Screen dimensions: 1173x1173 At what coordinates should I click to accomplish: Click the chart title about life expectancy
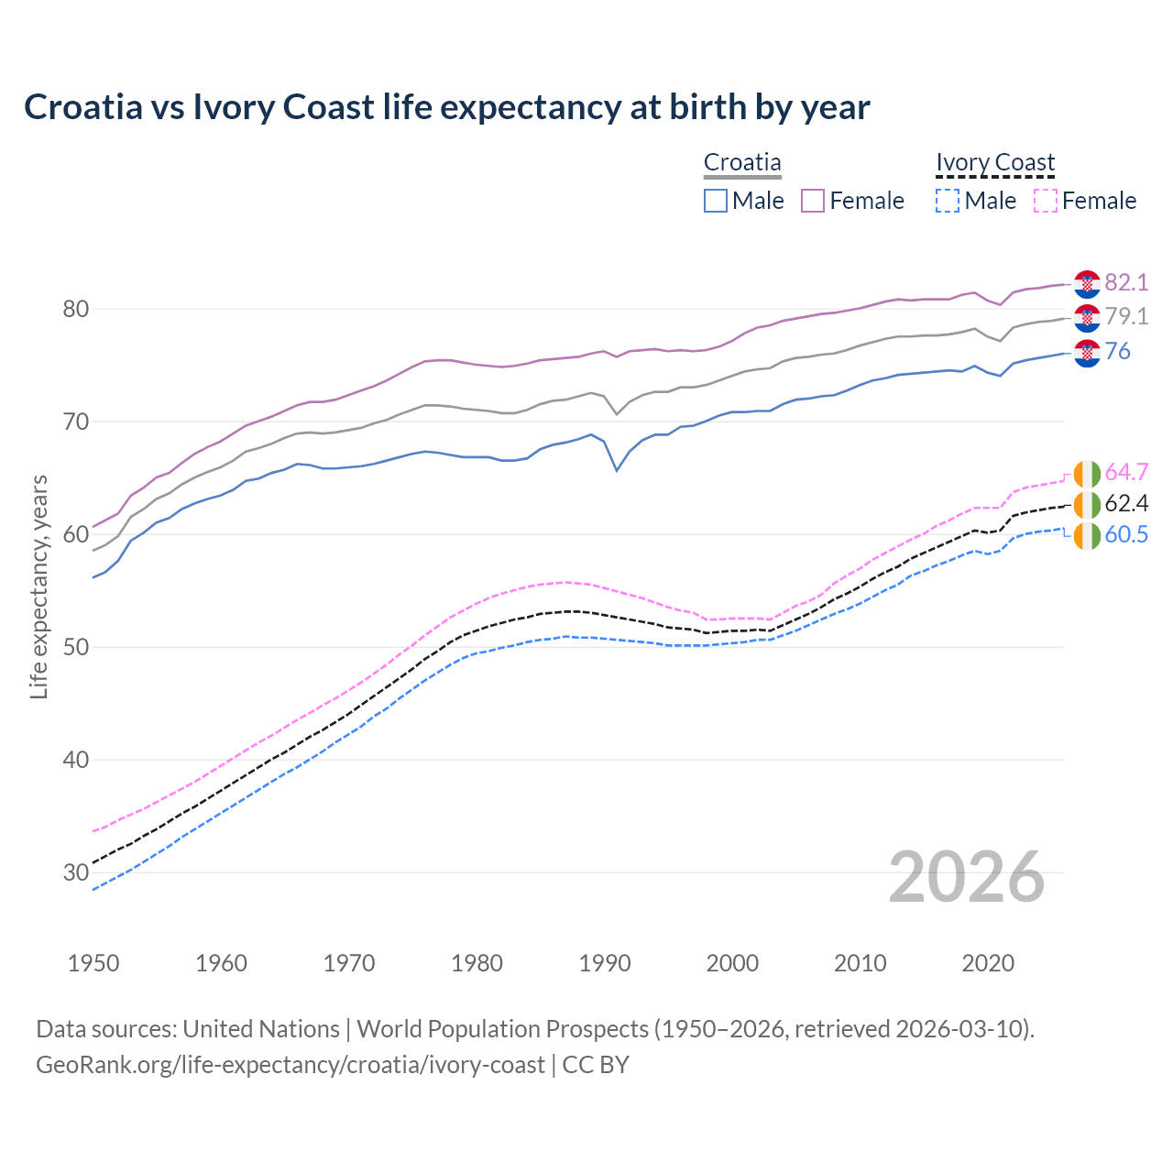coord(446,107)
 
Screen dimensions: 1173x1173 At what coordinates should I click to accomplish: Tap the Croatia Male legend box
coord(716,201)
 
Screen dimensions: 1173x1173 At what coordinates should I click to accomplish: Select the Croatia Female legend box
coord(813,201)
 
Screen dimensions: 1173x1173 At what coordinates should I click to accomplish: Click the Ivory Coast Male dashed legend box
coord(948,201)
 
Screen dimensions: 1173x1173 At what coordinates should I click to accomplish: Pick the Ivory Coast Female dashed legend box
coord(1045,201)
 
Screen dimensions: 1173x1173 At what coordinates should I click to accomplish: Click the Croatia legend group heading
coord(742,163)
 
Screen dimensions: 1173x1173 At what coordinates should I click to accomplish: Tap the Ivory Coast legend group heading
coord(995,163)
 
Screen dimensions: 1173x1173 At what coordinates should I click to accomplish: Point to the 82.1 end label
coord(1126,282)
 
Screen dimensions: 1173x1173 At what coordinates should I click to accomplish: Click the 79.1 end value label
coord(1126,316)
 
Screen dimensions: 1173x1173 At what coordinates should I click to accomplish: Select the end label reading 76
coord(1117,351)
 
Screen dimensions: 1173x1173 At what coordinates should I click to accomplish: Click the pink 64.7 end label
coord(1126,472)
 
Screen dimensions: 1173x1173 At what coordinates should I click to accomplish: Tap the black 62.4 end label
coord(1126,503)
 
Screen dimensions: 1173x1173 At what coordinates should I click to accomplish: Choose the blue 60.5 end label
coord(1126,534)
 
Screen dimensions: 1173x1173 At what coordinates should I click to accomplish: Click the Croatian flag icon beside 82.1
coord(1087,284)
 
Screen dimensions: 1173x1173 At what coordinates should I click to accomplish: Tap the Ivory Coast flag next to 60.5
coord(1087,536)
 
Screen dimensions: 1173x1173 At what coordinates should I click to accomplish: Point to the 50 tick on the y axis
coord(75,647)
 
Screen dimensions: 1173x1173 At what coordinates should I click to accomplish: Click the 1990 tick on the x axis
coord(605,963)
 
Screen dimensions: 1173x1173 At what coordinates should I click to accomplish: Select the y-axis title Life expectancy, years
coord(38,586)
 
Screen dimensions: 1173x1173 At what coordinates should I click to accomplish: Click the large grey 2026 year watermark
coord(967,877)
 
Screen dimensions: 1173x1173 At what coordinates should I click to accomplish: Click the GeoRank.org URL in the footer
coord(291,1065)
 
